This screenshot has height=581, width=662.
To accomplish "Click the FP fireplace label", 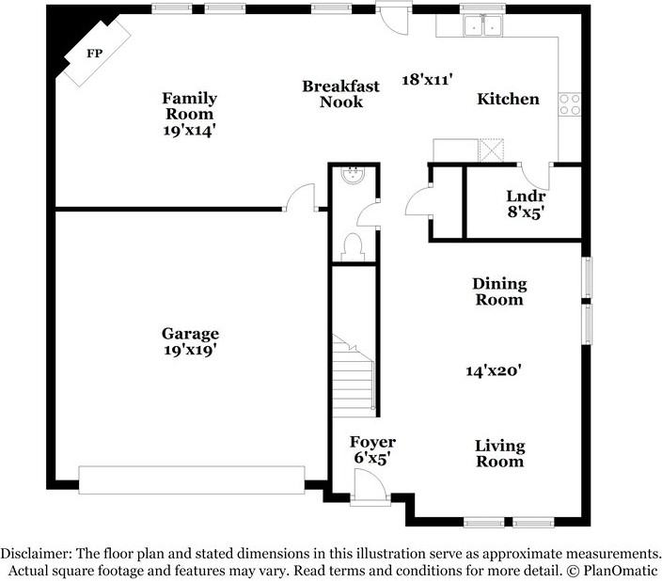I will pyautogui.click(x=94, y=54).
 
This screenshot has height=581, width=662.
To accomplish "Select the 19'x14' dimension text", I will pyautogui.click(x=189, y=131).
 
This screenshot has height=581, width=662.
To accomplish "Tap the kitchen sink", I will pyautogui.click(x=484, y=24).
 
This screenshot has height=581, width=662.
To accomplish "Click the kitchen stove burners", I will pyautogui.click(x=569, y=103).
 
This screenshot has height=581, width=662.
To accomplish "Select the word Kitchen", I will pyautogui.click(x=508, y=99).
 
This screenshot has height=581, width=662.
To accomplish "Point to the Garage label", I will pyautogui.click(x=190, y=334).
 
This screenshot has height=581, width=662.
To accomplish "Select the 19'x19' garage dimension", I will pyautogui.click(x=190, y=350).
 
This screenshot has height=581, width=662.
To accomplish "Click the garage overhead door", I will pyautogui.click(x=191, y=479).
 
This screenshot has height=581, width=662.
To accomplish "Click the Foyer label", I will pyautogui.click(x=372, y=442).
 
